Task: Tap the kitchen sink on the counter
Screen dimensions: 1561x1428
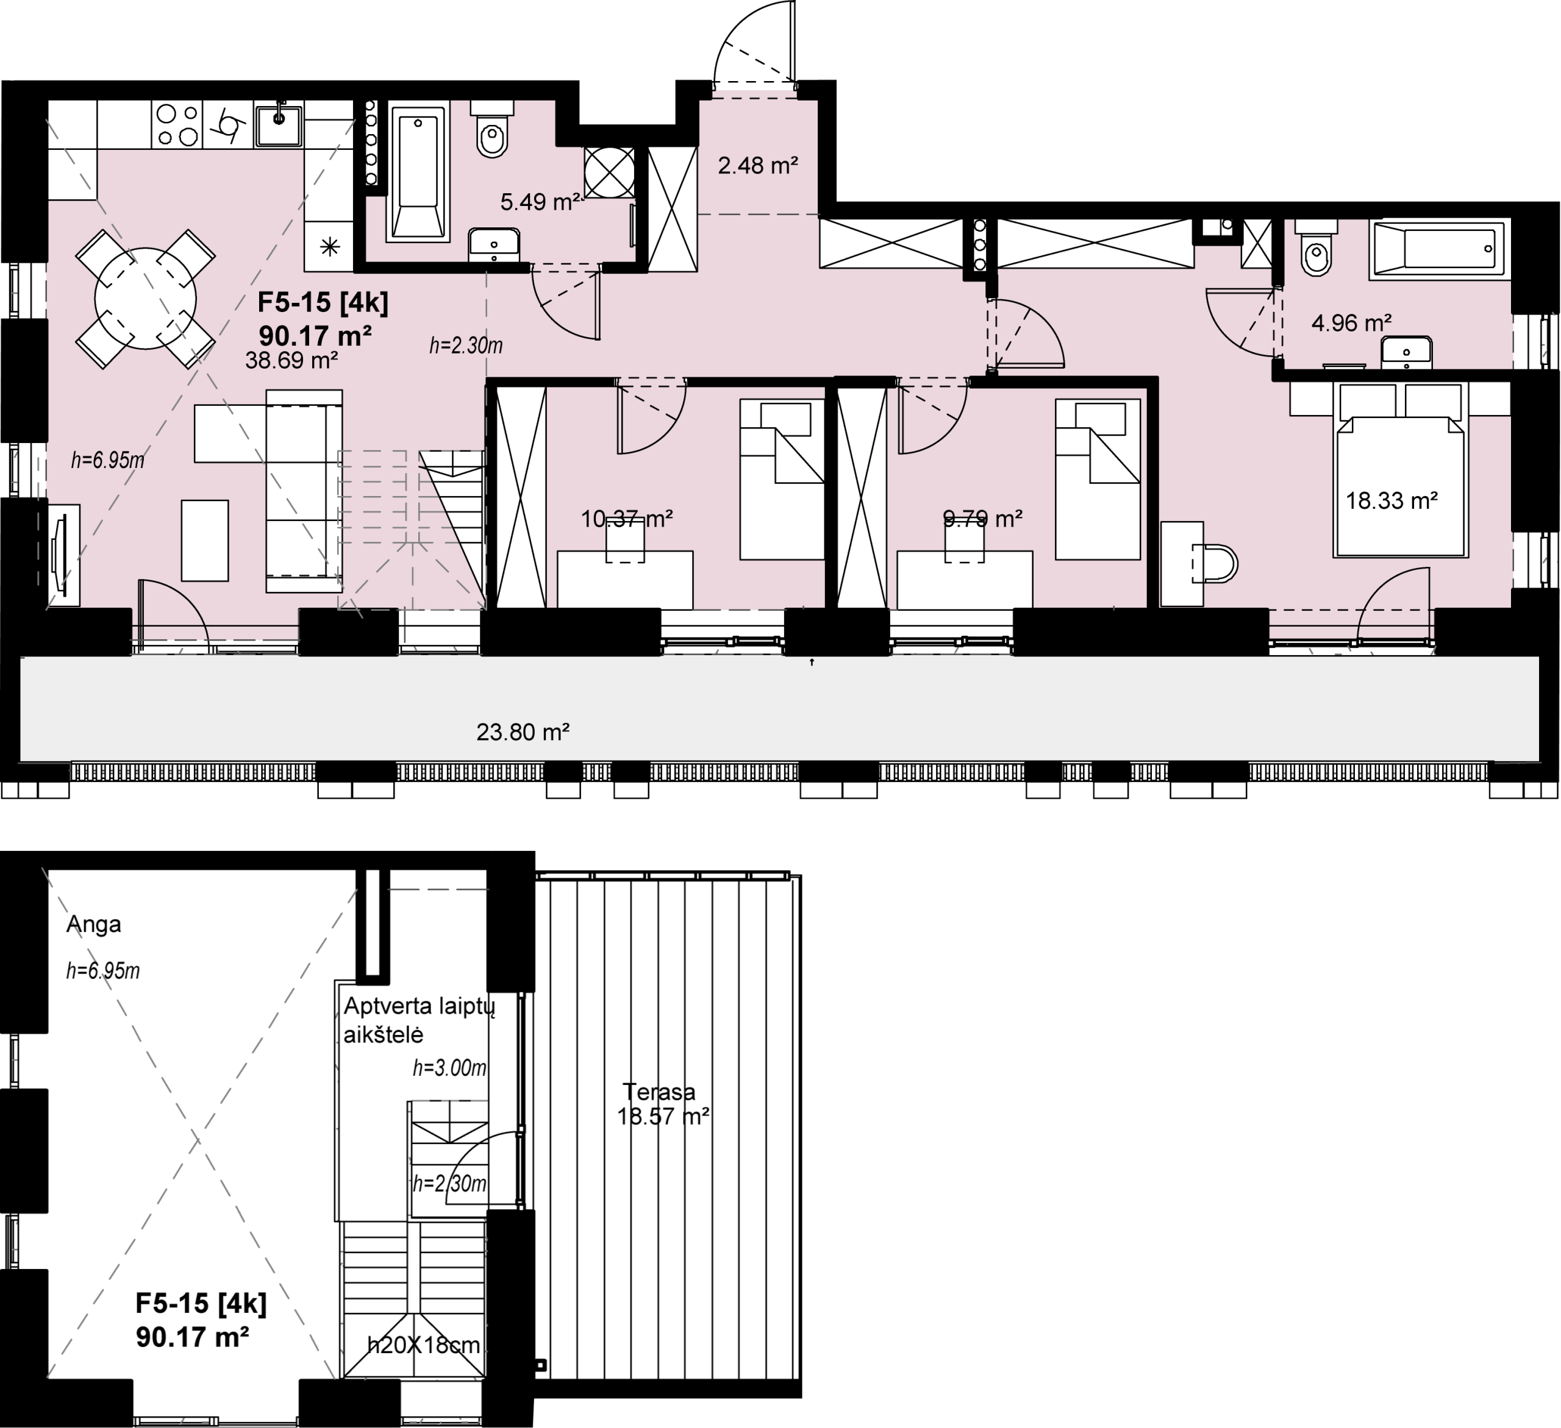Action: (279, 124)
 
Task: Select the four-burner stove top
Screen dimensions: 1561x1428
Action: (177, 124)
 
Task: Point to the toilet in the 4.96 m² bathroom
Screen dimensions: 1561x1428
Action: (1316, 247)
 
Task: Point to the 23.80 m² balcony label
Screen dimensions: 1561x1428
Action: (523, 731)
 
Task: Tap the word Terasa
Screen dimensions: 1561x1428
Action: (659, 1092)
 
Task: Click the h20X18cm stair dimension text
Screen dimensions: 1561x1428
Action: (424, 1345)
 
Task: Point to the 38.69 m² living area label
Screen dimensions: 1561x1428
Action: (292, 360)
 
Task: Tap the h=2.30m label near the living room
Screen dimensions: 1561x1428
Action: (466, 345)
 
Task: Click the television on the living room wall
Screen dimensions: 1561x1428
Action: (59, 554)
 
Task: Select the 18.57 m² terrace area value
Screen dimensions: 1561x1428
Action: (663, 1117)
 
